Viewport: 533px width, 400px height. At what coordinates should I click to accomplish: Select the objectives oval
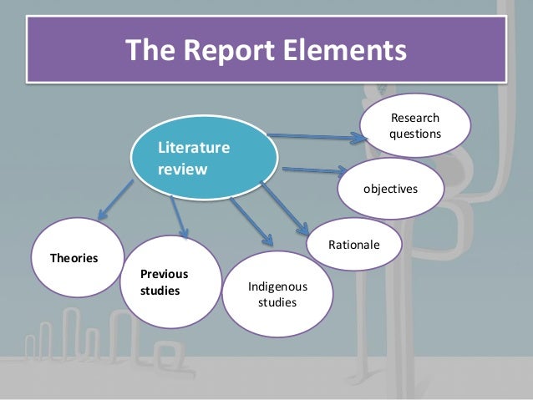[390, 190]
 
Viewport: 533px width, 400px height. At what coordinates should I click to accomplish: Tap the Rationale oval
[354, 246]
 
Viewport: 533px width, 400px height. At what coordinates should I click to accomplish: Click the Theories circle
[76, 258]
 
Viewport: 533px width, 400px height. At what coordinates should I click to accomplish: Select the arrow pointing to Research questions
[317, 134]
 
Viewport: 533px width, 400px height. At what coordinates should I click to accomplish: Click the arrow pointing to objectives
[313, 170]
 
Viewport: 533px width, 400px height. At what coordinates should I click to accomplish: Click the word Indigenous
[277, 286]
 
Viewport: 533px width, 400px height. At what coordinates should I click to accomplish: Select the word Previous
[164, 274]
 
